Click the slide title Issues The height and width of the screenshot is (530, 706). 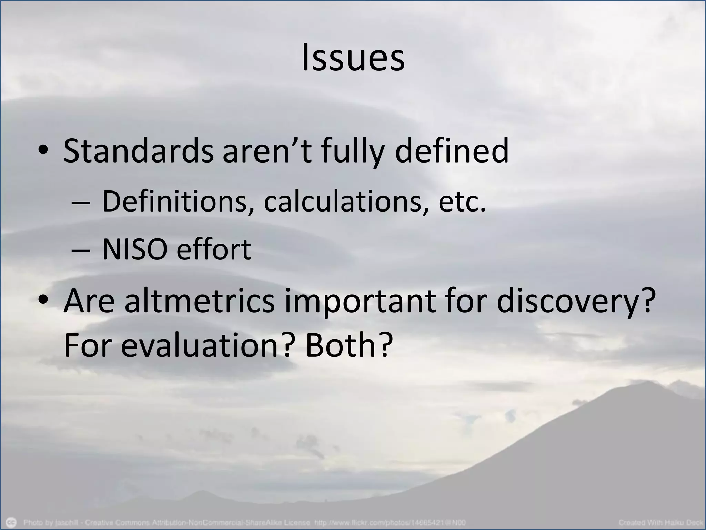[353, 58]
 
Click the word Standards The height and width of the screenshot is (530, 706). [138, 151]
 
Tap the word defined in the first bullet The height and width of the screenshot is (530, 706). [452, 151]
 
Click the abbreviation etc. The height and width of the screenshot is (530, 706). [462, 202]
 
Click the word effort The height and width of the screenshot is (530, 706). [214, 249]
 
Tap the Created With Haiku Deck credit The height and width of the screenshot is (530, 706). [660, 522]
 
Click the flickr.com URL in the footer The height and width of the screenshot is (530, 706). [390, 522]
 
